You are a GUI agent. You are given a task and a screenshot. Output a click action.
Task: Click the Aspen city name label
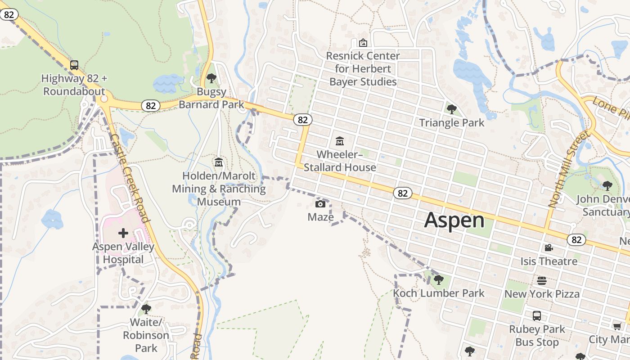[454, 220]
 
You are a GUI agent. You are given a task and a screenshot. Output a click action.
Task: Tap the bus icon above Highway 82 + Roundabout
[74, 65]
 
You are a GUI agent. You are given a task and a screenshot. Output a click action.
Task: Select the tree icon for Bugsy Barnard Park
[211, 78]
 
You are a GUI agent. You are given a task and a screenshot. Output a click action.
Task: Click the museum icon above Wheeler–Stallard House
[340, 141]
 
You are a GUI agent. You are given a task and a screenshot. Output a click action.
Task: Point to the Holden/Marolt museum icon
[219, 162]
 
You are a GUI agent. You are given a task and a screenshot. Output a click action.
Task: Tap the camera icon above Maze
[320, 204]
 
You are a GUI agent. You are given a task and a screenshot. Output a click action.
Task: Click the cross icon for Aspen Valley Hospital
[123, 233]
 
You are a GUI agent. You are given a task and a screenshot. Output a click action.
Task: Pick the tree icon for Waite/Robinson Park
[146, 309]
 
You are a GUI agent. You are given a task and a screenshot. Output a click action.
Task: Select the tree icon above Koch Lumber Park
[438, 280]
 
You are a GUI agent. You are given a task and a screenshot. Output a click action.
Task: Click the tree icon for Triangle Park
[451, 109]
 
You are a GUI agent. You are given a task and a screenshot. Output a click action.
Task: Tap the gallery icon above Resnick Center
[363, 43]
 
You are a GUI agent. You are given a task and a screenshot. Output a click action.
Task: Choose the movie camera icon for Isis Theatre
[549, 248]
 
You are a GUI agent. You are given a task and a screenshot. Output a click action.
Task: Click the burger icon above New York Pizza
[542, 281]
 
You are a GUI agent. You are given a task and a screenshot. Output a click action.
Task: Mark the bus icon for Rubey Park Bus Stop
[536, 316]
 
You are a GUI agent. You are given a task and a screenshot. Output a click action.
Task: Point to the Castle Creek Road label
[129, 178]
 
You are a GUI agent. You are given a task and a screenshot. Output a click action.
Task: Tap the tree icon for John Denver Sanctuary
[607, 185]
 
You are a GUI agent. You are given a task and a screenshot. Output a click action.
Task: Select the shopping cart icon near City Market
[617, 326]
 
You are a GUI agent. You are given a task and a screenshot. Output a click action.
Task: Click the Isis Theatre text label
[549, 261]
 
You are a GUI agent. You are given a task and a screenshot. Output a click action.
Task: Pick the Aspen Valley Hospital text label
[123, 253]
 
